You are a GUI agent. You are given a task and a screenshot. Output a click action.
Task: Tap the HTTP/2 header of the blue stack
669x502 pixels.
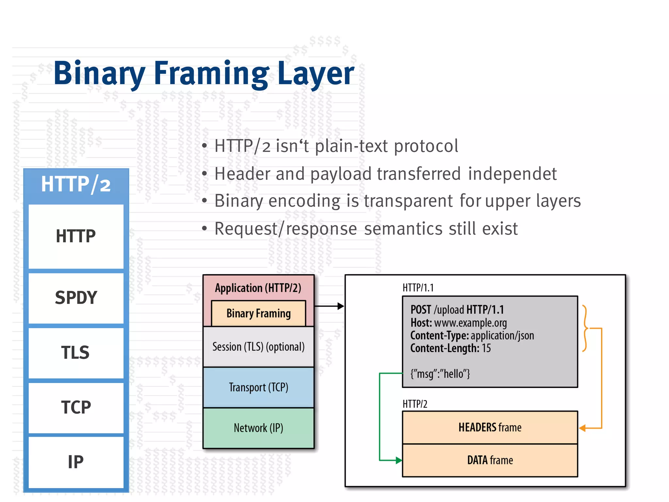pos(76,184)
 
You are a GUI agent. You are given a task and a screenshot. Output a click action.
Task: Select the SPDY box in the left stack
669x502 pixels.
pos(76,298)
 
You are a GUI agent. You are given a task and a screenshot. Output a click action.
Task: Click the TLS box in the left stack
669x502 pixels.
pos(76,353)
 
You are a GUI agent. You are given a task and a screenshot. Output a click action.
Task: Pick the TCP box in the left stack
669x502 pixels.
pos(76,408)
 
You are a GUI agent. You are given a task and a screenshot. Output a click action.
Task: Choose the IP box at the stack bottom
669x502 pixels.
pos(76,462)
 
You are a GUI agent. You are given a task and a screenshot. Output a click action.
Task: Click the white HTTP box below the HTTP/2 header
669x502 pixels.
pos(76,236)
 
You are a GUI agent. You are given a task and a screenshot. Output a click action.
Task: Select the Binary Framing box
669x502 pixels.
pos(258,313)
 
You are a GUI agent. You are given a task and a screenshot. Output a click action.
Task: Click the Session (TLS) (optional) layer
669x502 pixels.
pos(258,347)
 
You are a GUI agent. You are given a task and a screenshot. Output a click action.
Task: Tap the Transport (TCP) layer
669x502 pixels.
pos(258,387)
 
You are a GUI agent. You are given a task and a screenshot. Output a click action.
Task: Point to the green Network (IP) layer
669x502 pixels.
pos(258,428)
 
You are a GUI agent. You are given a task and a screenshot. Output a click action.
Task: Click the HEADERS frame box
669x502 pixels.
pos(490,427)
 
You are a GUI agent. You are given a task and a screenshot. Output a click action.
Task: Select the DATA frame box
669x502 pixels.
pos(490,460)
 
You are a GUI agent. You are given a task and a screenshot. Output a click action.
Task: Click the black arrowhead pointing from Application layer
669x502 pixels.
pos(341,306)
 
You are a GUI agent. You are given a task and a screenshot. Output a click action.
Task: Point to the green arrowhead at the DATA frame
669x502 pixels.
pos(399,460)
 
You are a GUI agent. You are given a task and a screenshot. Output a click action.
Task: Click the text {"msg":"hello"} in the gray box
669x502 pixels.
pos(440,374)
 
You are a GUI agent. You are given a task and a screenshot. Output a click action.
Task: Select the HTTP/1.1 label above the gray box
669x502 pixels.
pos(418,288)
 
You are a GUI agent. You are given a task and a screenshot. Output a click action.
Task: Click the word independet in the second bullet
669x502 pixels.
pos(512,174)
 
